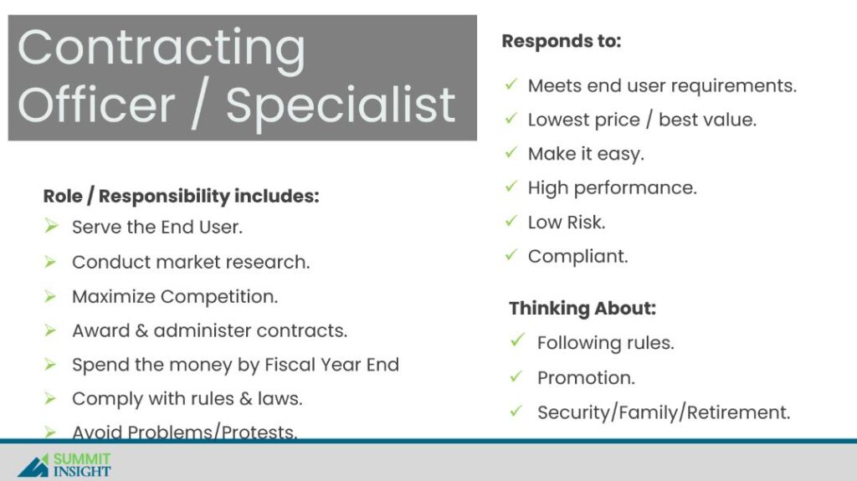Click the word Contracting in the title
pos(162,49)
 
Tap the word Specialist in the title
pos(341,106)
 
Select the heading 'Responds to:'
pos(562,41)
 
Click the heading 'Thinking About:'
pos(582,309)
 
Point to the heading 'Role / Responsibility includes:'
pos(181,197)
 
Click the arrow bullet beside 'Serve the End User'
pos(51,227)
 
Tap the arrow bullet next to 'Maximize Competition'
pos(50,296)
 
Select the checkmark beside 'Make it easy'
pos(511,152)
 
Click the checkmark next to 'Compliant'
pos(511,254)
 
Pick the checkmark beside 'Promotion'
pos(516,376)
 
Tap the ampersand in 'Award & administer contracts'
pos(141,330)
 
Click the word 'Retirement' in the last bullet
pos(738,412)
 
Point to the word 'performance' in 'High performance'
pos(635,188)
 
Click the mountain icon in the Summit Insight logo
pos(33,466)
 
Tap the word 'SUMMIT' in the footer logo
pos(82,458)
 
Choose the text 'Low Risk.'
pos(567,223)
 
